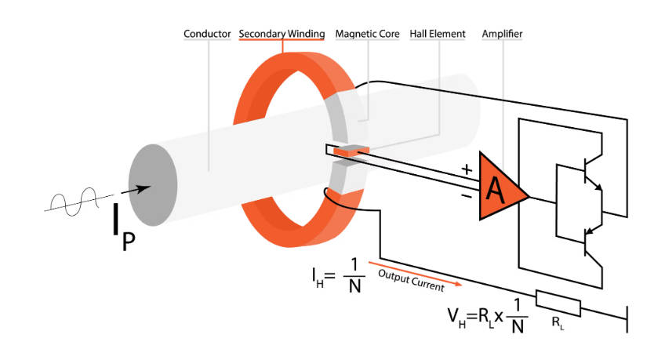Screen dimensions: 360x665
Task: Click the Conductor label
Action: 207,35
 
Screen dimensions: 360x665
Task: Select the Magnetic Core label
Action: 367,35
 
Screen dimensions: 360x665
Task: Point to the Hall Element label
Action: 438,35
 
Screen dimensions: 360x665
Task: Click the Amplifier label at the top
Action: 503,35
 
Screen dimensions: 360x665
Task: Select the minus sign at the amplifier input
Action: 467,197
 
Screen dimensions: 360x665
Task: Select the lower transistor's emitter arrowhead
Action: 590,229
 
